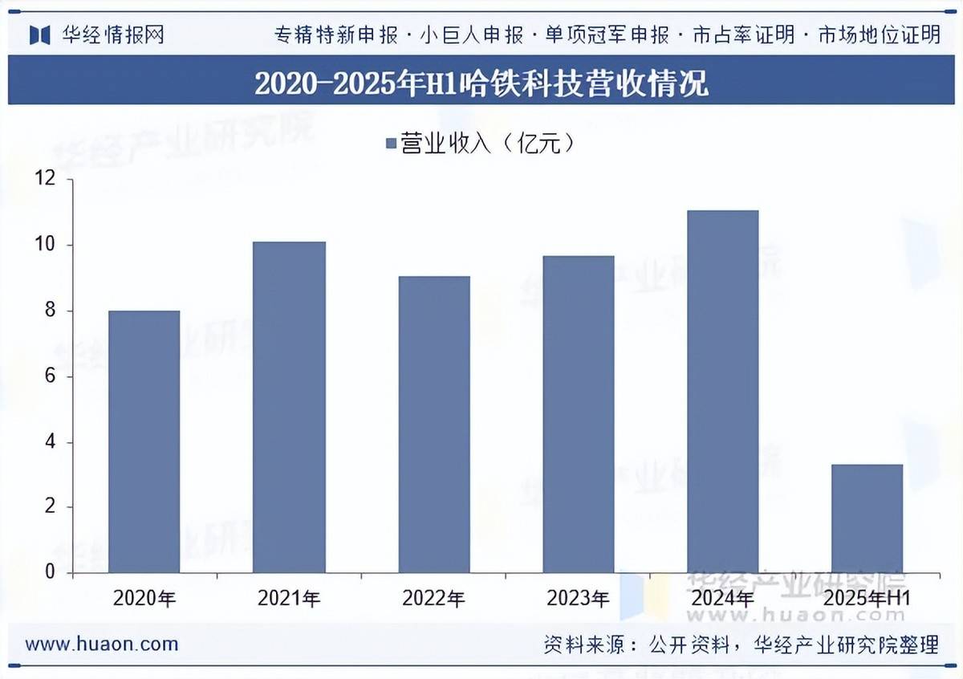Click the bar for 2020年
pyautogui.click(x=144, y=441)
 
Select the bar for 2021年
pyautogui.click(x=289, y=407)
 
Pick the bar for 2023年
pyautogui.click(x=579, y=414)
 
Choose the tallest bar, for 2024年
pyautogui.click(x=723, y=391)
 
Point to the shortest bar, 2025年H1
pyautogui.click(x=867, y=518)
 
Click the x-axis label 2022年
pyautogui.click(x=434, y=598)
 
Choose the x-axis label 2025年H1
pyautogui.click(x=867, y=598)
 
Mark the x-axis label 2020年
pyautogui.click(x=144, y=598)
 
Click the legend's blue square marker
pyautogui.click(x=391, y=144)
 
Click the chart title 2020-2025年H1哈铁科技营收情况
pyautogui.click(x=481, y=83)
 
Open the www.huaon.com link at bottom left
pyautogui.click(x=102, y=644)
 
